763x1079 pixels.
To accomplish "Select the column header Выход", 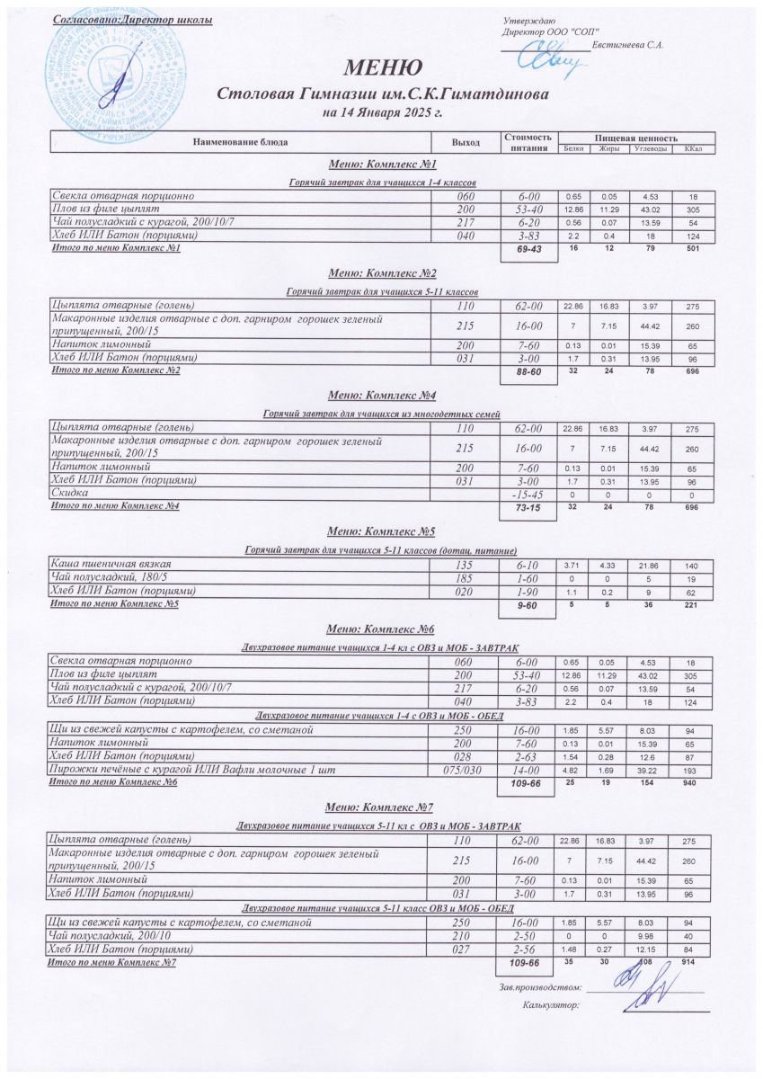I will coord(467,142).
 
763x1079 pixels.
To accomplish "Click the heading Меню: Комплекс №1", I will coord(382,165).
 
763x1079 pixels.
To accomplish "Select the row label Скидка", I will coord(68,495).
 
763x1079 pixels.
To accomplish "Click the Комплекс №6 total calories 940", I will coord(691,782).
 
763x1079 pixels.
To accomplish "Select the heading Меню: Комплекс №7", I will coord(382,806).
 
